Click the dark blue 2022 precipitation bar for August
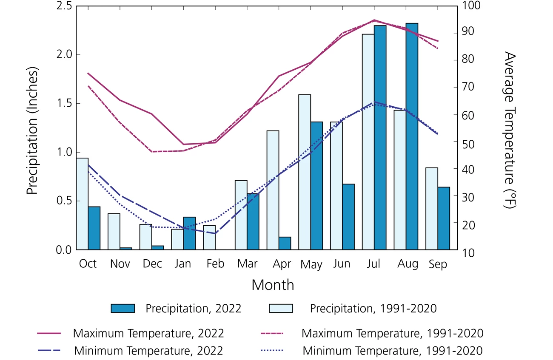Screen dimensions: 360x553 (x=412, y=136)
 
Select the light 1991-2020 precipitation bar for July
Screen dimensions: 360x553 (x=368, y=142)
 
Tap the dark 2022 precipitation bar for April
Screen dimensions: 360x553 (x=285, y=243)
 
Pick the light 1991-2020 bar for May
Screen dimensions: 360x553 (x=305, y=172)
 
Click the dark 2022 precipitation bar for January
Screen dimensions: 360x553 (x=189, y=233)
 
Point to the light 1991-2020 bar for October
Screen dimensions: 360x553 (x=82, y=204)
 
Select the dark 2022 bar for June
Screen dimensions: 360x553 (x=348, y=217)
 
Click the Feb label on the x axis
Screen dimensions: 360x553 (x=215, y=264)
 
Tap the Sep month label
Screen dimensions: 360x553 (x=438, y=264)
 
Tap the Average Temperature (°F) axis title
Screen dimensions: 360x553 (x=509, y=130)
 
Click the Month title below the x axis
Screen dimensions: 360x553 (x=273, y=285)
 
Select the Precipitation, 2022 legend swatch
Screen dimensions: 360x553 (x=123, y=309)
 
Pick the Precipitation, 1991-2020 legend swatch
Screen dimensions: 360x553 (x=281, y=309)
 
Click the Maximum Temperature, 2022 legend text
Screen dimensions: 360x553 (x=148, y=333)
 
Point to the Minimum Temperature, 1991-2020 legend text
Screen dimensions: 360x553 (x=393, y=351)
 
